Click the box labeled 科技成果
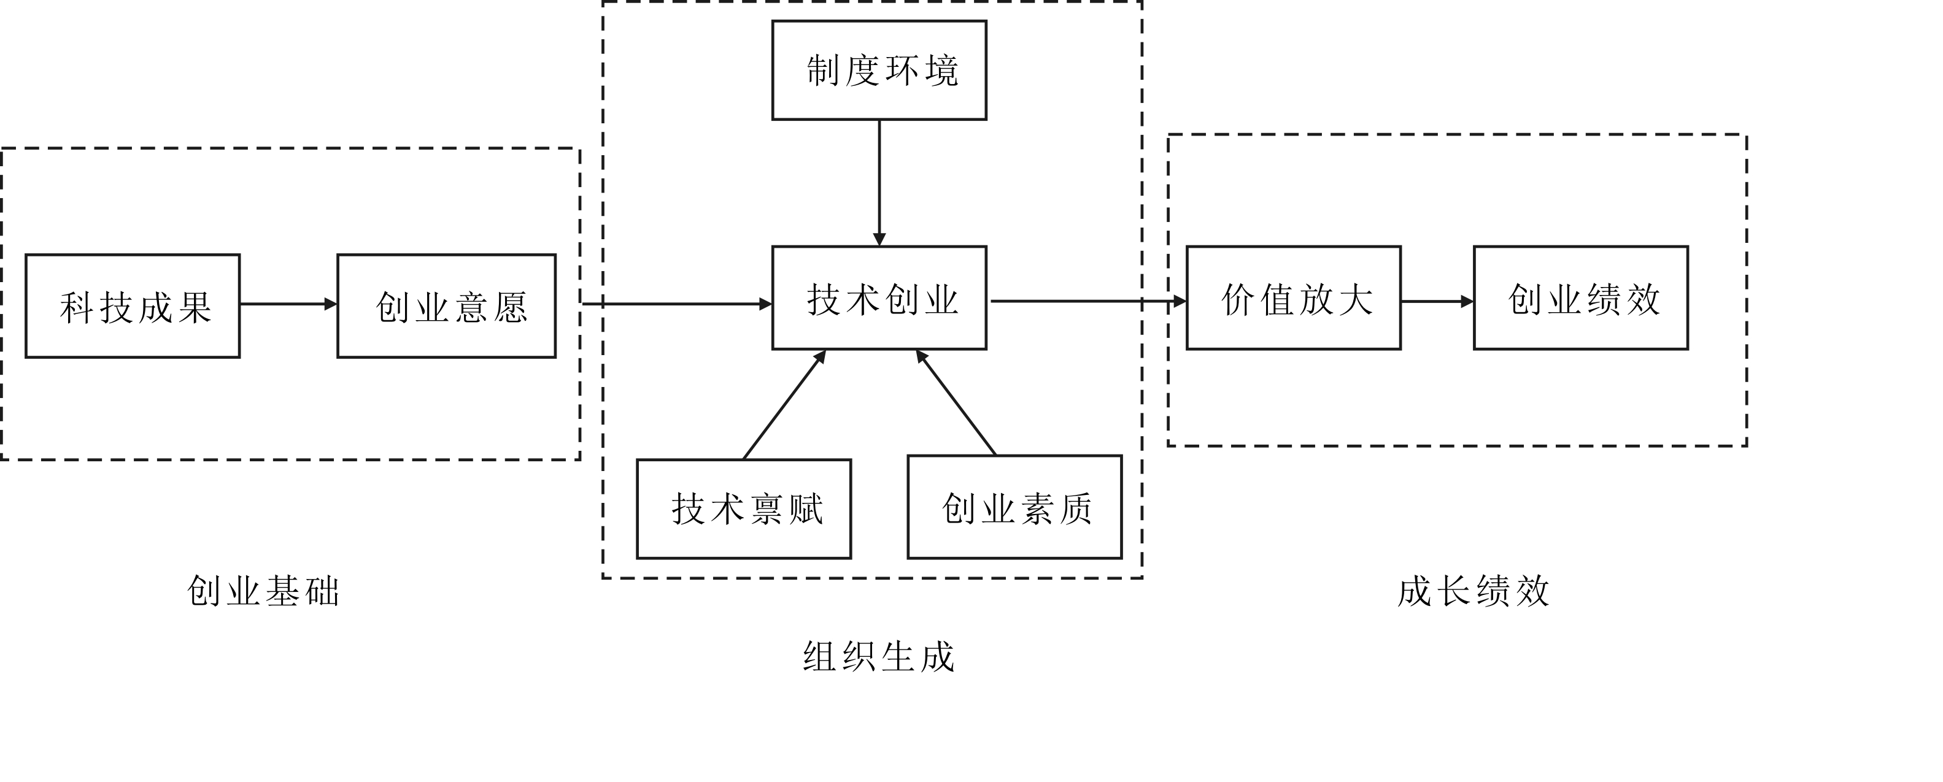133,306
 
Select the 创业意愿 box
447,306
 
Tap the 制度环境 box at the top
879,70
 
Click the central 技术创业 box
879,298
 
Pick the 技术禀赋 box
744,509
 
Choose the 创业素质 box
1014,507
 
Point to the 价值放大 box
1294,298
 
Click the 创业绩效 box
1581,298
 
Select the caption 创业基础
263,591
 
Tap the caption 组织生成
879,656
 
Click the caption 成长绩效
1473,591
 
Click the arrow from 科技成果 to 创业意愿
288,304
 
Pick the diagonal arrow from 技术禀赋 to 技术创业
784,404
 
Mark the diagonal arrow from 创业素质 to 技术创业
956,403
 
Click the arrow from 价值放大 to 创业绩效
1437,302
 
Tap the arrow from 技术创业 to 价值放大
1086,301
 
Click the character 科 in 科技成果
77,308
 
